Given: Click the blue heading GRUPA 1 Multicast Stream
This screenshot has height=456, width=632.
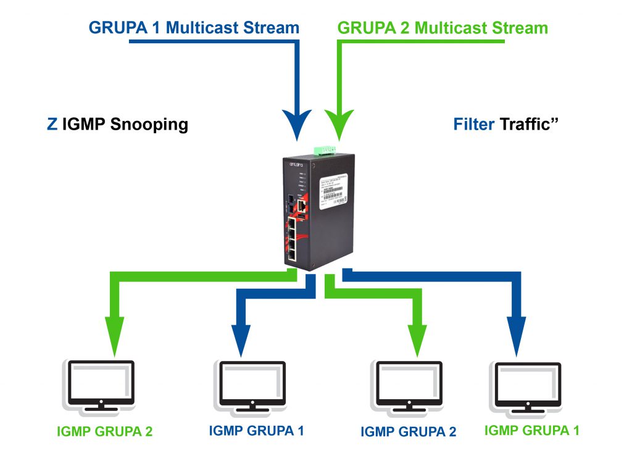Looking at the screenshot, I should pyautogui.click(x=194, y=28).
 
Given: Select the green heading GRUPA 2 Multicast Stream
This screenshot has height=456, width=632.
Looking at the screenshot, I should pyautogui.click(x=443, y=28).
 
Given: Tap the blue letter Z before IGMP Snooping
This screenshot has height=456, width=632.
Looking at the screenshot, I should pyautogui.click(x=52, y=124).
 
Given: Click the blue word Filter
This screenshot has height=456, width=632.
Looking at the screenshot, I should pyautogui.click(x=474, y=124).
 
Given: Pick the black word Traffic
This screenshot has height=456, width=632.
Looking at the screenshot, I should pyautogui.click(x=525, y=124).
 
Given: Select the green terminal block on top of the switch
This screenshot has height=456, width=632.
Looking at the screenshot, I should pyautogui.click(x=325, y=150).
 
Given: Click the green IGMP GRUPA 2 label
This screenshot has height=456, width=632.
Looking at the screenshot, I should pyautogui.click(x=104, y=431).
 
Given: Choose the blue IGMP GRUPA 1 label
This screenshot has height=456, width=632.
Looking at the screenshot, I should pyautogui.click(x=256, y=431).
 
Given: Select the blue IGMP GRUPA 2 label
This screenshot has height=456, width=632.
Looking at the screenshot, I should pyautogui.click(x=409, y=431).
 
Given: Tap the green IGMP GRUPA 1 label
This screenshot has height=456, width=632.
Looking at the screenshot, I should pyautogui.click(x=532, y=430).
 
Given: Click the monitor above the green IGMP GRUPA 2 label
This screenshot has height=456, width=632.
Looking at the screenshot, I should pyautogui.click(x=99, y=383).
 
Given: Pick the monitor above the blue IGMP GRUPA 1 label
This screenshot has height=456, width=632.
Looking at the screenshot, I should pyautogui.click(x=250, y=383).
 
